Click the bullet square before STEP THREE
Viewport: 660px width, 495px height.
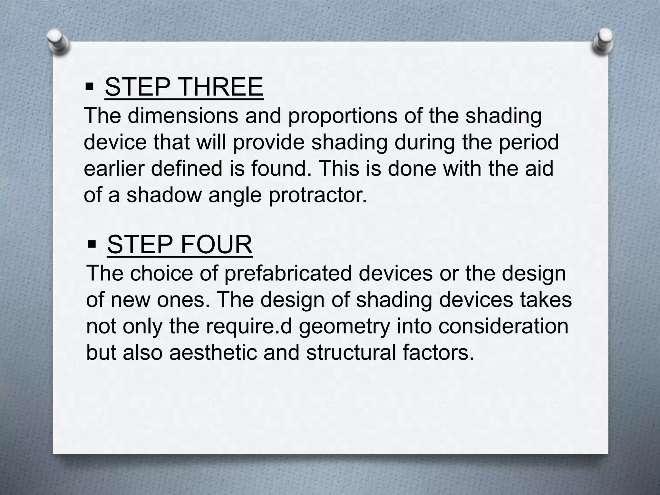point(90,87)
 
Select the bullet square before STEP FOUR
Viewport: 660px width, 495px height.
point(92,245)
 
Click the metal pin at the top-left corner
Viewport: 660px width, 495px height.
point(58,42)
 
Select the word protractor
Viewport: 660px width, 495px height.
point(317,195)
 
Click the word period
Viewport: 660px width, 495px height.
point(529,142)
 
